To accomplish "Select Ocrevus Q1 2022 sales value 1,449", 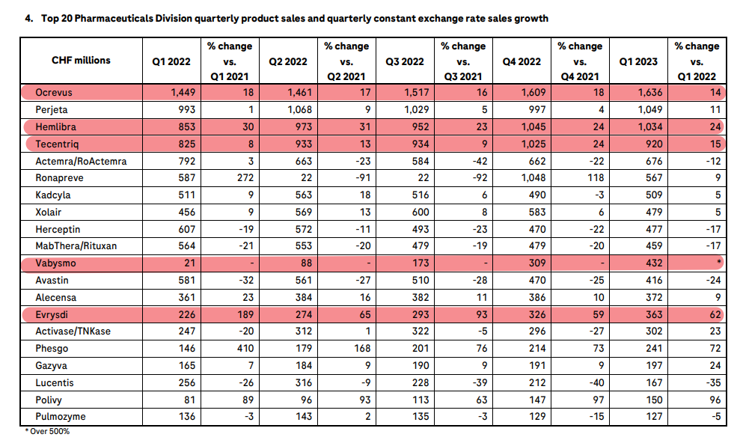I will click(180, 93).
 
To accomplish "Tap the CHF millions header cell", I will click(81, 60).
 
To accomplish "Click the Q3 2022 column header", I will click(403, 61).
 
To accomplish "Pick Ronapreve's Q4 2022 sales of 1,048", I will click(533, 178).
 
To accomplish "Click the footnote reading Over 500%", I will click(49, 432).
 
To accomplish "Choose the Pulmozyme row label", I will click(60, 416).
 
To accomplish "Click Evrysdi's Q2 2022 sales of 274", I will click(299, 314).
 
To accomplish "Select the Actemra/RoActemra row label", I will click(82, 161).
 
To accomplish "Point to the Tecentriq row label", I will click(57, 144).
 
